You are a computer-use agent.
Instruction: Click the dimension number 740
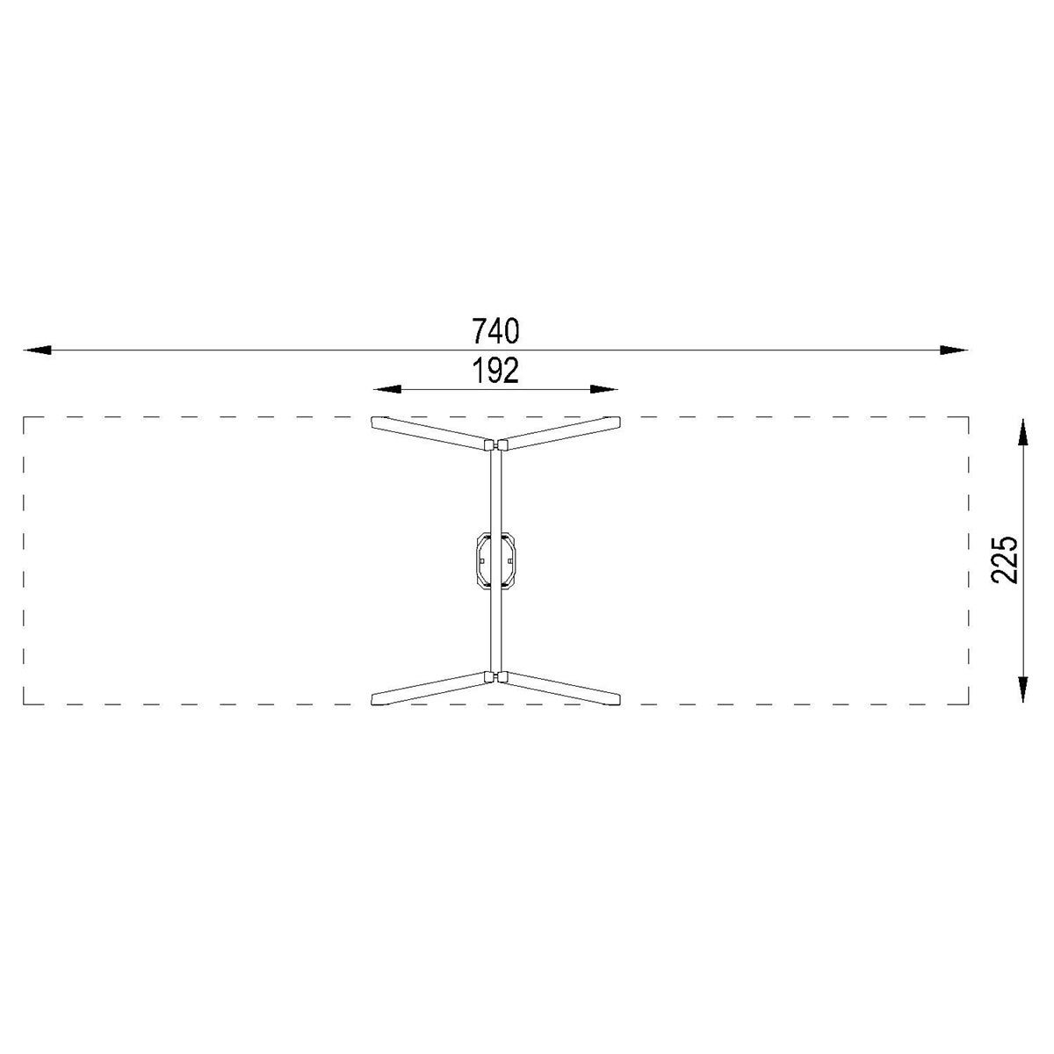(495, 331)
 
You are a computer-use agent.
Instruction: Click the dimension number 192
(495, 372)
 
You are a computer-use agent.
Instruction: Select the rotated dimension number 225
(1004, 560)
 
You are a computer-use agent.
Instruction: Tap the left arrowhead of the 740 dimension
(37, 350)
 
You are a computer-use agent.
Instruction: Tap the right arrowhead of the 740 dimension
(953, 350)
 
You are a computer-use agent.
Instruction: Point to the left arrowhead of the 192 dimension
(386, 389)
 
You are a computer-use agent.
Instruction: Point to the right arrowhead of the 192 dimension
(603, 389)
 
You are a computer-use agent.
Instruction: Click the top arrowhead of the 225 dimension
(1022, 433)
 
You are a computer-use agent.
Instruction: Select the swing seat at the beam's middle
(495, 560)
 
